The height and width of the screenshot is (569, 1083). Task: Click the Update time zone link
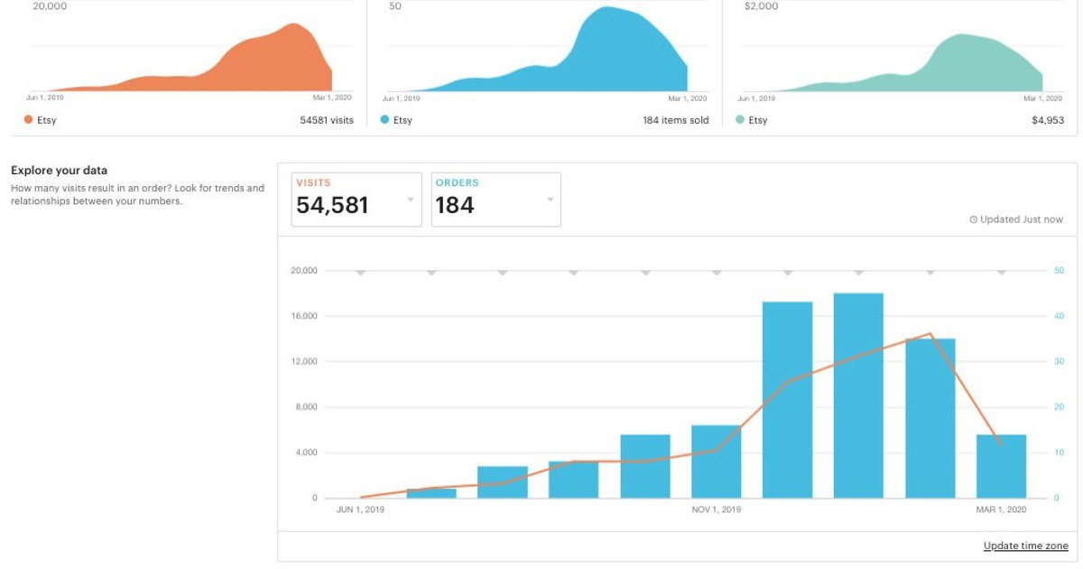[x=1025, y=546]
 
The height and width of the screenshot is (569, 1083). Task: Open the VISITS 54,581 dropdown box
[x=356, y=200]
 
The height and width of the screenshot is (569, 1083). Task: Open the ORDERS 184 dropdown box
[x=495, y=200]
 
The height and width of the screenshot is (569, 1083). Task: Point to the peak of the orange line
[x=930, y=334]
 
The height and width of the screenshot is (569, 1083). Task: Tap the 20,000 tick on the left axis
[x=303, y=270]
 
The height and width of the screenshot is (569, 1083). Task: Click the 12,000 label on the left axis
[x=303, y=361]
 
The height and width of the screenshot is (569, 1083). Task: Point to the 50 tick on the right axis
[x=1058, y=270]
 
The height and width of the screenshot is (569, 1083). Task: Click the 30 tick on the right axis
[x=1058, y=361]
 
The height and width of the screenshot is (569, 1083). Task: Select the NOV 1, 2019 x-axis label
[x=717, y=510]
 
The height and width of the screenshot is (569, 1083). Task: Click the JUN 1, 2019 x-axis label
[x=360, y=510]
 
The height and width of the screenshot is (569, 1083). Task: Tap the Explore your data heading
[x=59, y=170]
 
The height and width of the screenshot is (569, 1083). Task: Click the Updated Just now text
[x=1016, y=219]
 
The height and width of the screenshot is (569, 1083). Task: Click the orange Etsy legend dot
[x=28, y=119]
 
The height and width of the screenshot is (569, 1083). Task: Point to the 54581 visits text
[x=327, y=120]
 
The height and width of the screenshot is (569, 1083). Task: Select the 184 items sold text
[x=675, y=120]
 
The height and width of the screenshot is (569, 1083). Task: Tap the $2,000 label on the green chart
[x=761, y=6]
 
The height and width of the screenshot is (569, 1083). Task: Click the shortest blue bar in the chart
[x=431, y=493]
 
